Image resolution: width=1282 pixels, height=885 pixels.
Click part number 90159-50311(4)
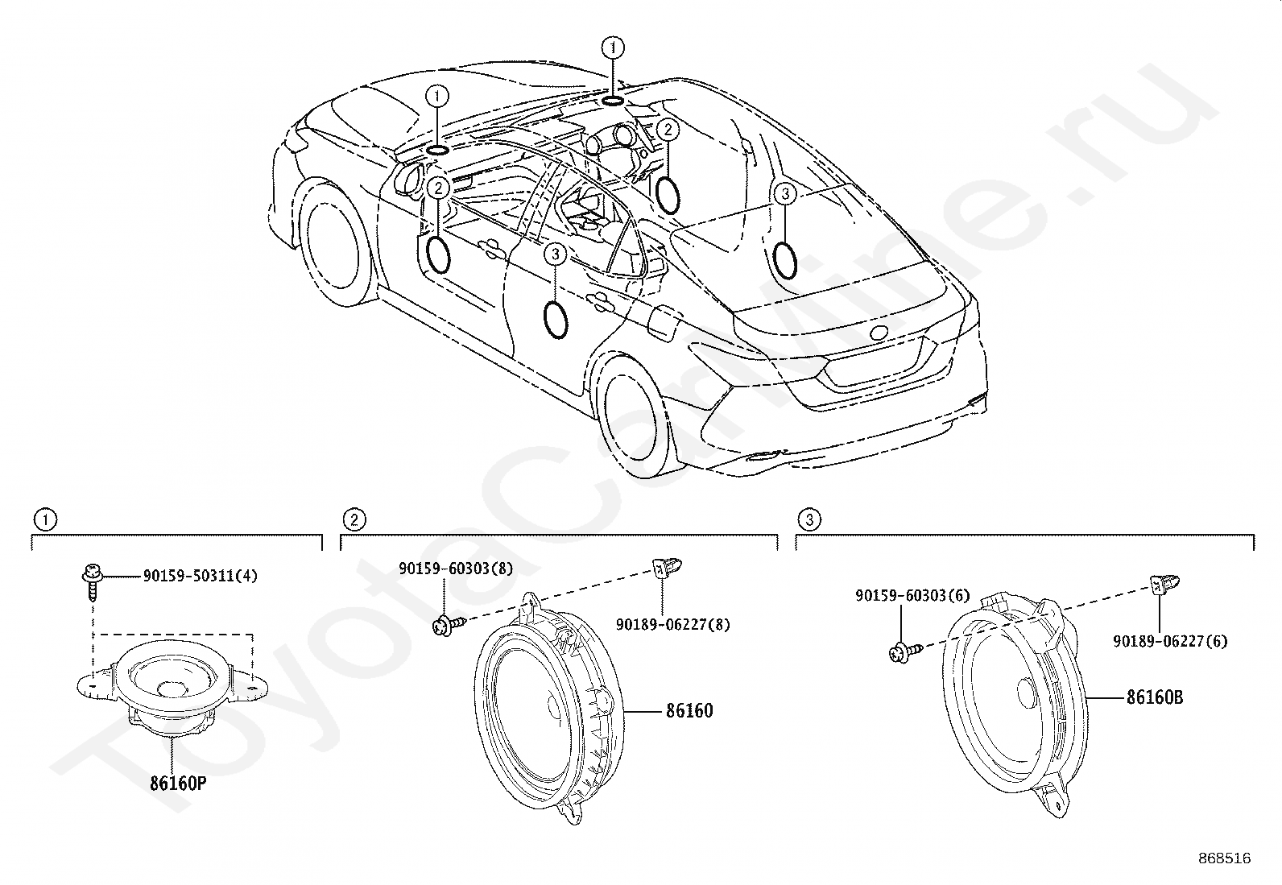coord(200,575)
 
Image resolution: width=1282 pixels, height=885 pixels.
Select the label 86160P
coord(177,783)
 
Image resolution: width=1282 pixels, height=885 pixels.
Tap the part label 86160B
coord(1155,697)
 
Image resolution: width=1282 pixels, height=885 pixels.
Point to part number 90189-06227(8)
coord(673,624)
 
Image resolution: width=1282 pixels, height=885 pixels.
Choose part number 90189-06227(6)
coord(1170,641)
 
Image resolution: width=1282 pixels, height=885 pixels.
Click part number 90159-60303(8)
coord(456,568)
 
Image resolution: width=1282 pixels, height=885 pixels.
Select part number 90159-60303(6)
coord(913,595)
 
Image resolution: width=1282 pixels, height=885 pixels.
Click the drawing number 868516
coord(1225,858)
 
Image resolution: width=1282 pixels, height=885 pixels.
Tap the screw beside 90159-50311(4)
coord(92,581)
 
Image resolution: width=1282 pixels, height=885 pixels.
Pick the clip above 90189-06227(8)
coord(666,568)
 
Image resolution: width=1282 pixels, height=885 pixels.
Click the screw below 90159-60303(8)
coord(448,625)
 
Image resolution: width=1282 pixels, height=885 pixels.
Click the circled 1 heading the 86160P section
coord(45,519)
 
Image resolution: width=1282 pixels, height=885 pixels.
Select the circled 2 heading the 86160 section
coord(354,519)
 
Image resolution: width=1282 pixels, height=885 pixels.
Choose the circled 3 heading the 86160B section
coord(809,519)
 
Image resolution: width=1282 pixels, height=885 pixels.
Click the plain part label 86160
coord(689,711)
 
